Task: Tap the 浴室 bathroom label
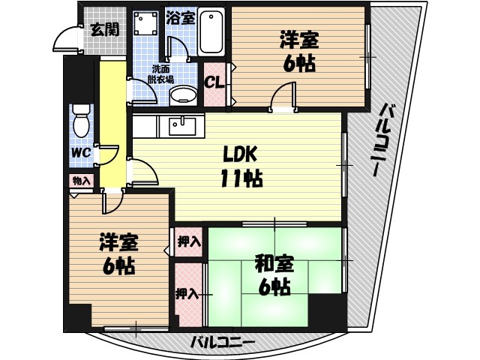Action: coord(181,16)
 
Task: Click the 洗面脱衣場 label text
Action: coord(160,73)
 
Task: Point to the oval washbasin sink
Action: coord(181,97)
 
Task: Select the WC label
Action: coord(81,152)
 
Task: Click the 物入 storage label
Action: coord(81,181)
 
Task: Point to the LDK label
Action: coord(240,154)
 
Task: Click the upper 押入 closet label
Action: coord(189,241)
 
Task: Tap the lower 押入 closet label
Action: coord(187,293)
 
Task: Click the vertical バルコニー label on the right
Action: coord(388,139)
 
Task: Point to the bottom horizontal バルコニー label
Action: coord(222,342)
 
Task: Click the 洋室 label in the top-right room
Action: coord(298,39)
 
